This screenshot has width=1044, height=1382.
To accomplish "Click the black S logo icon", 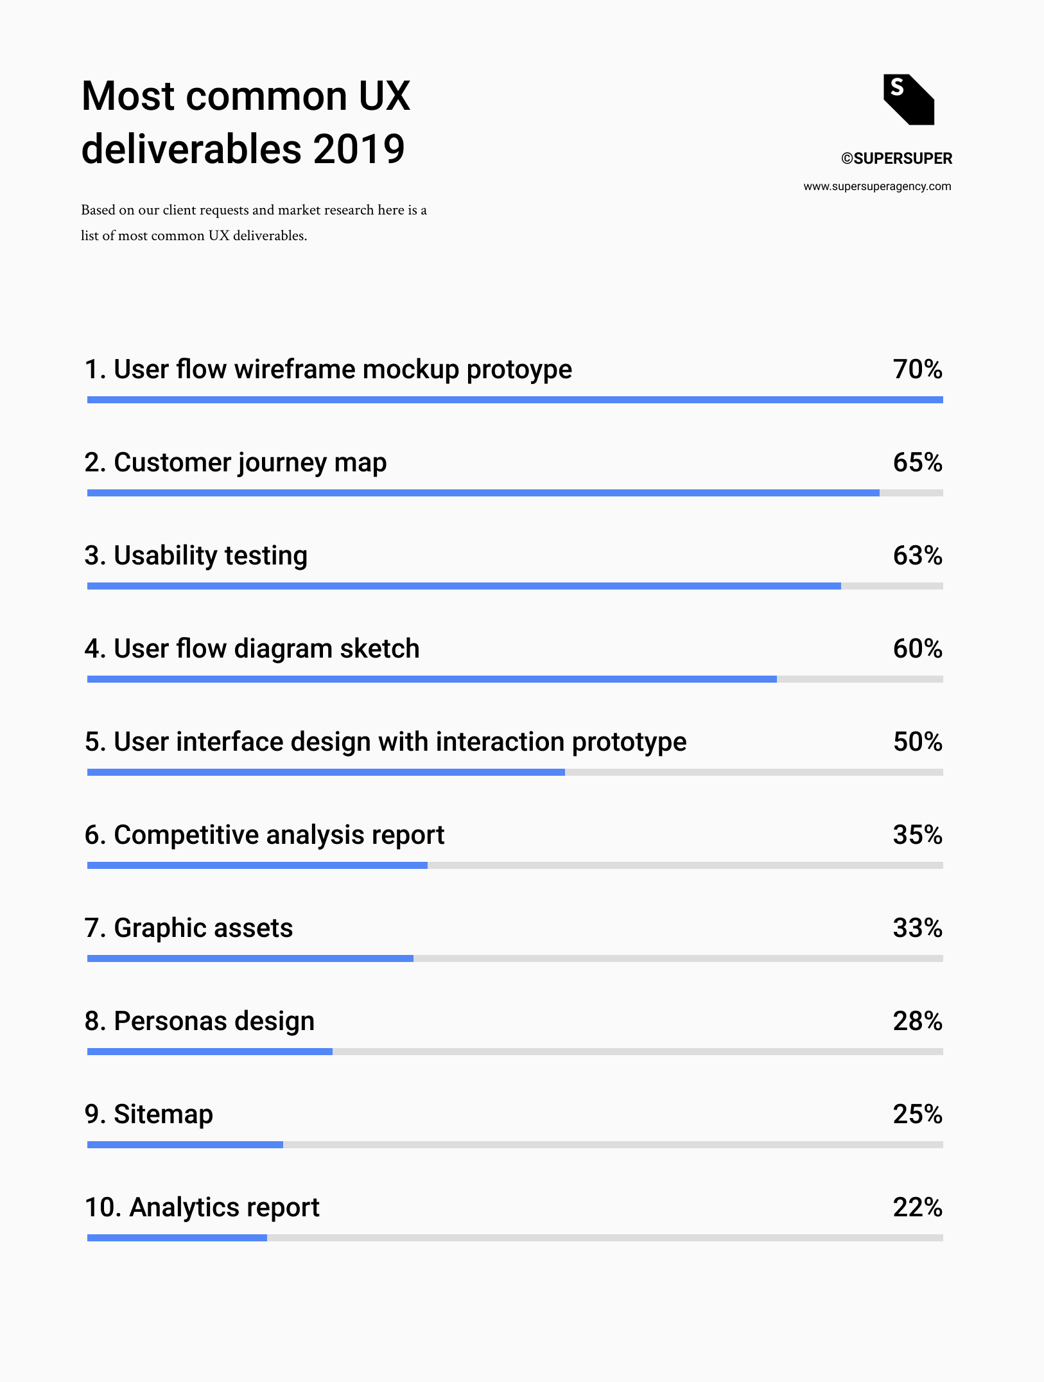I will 909,100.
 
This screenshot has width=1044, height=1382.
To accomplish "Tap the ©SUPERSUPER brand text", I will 896,159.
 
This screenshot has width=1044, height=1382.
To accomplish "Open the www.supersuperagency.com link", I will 877,186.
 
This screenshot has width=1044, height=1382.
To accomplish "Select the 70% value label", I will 917,369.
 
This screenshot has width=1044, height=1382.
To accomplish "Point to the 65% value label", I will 917,462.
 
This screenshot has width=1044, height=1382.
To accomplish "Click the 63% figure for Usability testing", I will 917,555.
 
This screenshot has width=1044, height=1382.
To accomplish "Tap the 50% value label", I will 917,742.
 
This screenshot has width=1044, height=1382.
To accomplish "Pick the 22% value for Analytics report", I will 917,1207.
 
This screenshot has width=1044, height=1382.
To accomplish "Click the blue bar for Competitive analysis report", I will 257,866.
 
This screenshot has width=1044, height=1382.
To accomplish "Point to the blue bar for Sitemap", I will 185,1145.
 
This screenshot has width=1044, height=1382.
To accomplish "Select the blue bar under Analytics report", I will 177,1238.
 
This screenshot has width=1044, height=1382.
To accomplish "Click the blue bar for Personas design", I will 210,1052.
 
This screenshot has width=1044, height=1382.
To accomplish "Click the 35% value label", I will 917,835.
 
